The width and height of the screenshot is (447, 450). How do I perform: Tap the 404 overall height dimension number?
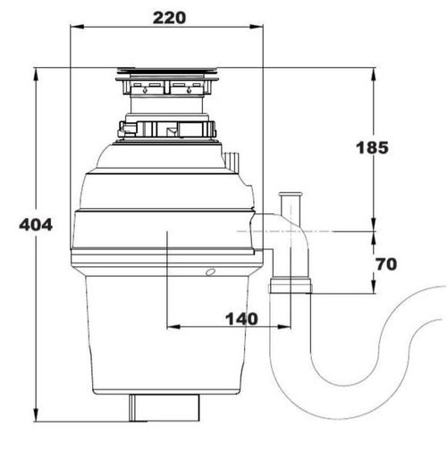click(35, 225)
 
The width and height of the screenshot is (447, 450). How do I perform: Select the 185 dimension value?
click(371, 147)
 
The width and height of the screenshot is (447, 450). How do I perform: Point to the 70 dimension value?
click(386, 264)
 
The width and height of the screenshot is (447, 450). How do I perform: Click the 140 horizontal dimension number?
click(240, 319)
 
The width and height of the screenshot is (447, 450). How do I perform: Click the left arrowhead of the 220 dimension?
click(74, 29)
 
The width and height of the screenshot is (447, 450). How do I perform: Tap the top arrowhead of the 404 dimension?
click(35, 72)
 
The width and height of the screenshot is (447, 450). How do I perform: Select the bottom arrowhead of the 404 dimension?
click(35, 419)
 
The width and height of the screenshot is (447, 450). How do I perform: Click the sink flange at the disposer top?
click(166, 71)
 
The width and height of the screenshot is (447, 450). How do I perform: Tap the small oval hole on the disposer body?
click(209, 271)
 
